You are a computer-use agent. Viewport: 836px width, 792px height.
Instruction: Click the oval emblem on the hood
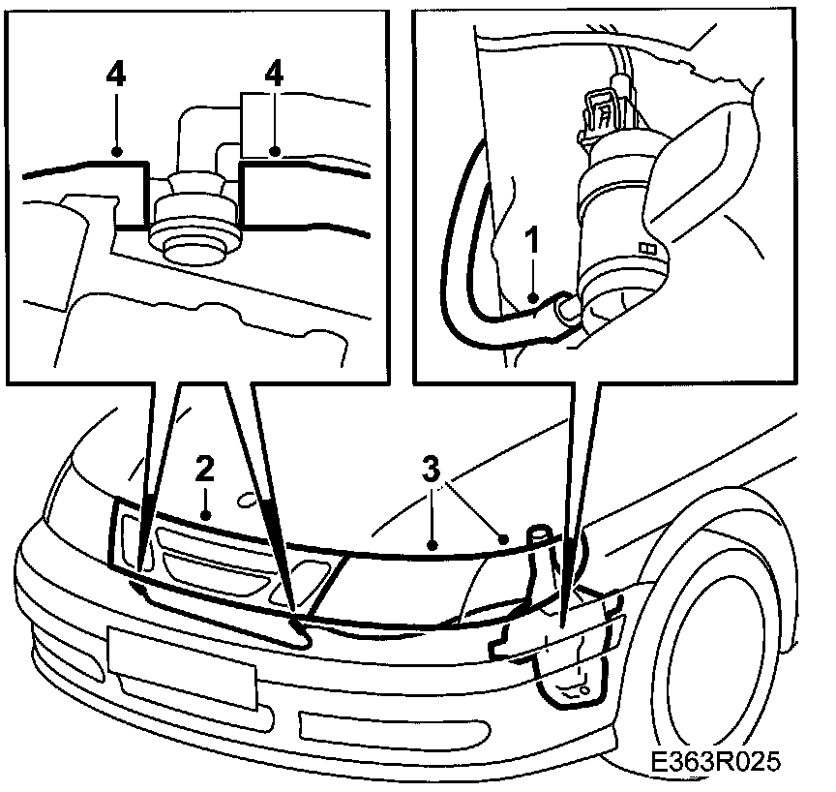251,500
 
